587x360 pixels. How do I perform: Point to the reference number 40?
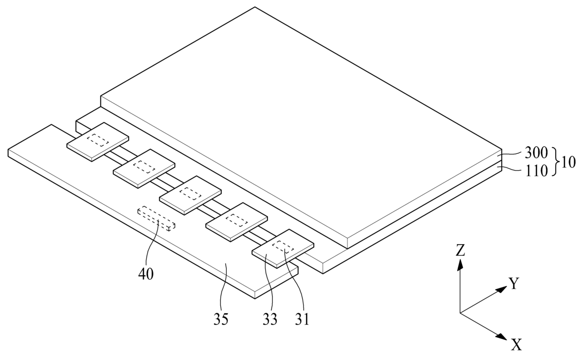point(146,274)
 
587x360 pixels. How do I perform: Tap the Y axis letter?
point(514,284)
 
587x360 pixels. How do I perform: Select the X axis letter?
point(516,345)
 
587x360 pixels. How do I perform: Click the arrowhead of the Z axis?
point(460,264)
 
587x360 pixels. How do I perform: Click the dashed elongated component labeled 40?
point(156,218)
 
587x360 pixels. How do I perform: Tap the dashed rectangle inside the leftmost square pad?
point(99,140)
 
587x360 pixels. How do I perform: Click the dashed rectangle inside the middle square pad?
point(192,193)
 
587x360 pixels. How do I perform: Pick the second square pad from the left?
point(144,168)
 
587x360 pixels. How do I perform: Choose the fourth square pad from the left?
point(237,221)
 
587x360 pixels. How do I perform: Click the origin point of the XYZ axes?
point(460,312)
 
